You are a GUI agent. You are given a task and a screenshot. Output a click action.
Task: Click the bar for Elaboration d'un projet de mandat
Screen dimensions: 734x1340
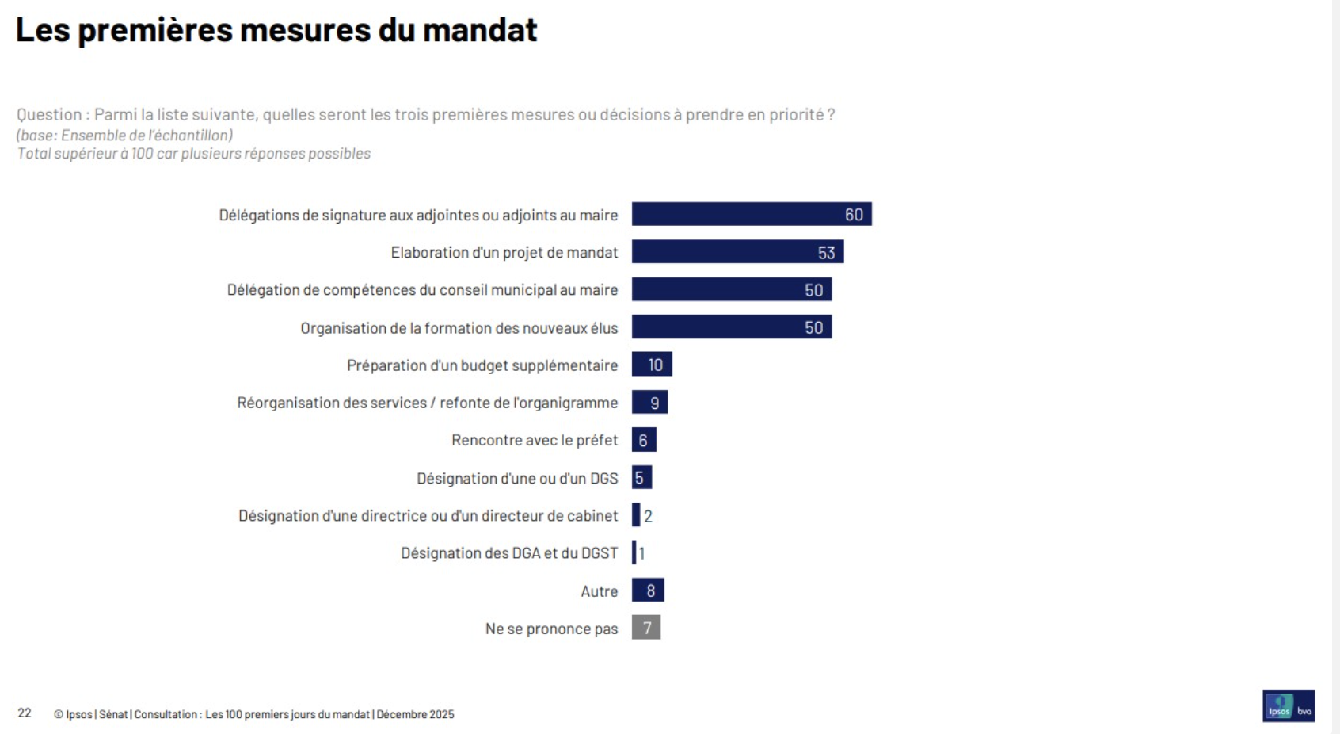(737, 252)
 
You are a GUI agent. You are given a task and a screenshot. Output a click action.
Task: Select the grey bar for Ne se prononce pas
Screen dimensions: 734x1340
(645, 628)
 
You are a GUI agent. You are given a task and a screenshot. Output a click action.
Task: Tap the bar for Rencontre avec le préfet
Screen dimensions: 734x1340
(643, 440)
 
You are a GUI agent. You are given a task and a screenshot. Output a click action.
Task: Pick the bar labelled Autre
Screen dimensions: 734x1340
(647, 591)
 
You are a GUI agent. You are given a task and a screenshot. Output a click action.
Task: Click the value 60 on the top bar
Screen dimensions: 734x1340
(854, 215)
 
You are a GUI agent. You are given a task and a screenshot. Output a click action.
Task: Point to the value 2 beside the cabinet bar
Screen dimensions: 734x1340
(648, 516)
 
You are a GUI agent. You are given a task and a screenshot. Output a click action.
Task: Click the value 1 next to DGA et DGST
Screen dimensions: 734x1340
(642, 553)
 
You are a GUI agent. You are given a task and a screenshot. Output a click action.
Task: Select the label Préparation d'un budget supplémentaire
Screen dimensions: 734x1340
(482, 365)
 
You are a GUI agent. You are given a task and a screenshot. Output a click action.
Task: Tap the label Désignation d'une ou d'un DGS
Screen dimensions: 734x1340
(516, 478)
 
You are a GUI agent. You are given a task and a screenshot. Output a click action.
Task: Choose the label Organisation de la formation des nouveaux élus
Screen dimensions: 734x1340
(459, 328)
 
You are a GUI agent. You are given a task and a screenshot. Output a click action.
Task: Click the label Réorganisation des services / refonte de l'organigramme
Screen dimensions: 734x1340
(427, 403)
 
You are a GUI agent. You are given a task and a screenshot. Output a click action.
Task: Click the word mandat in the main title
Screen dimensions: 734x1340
(480, 30)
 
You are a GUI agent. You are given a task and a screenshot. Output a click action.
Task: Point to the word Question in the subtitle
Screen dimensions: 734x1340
(48, 115)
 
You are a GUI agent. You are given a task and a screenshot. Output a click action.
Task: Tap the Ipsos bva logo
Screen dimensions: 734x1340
(1288, 706)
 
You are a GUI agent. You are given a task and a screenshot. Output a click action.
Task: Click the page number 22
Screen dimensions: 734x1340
(25, 713)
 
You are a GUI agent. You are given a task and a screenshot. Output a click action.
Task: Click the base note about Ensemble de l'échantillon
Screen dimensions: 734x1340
(125, 136)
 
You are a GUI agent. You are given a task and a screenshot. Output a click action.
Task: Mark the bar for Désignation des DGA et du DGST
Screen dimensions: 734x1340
(634, 552)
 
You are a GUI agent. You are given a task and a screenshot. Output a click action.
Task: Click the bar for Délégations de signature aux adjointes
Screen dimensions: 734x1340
(751, 214)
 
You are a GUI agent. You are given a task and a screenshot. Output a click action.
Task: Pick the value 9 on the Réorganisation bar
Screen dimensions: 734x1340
(654, 403)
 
